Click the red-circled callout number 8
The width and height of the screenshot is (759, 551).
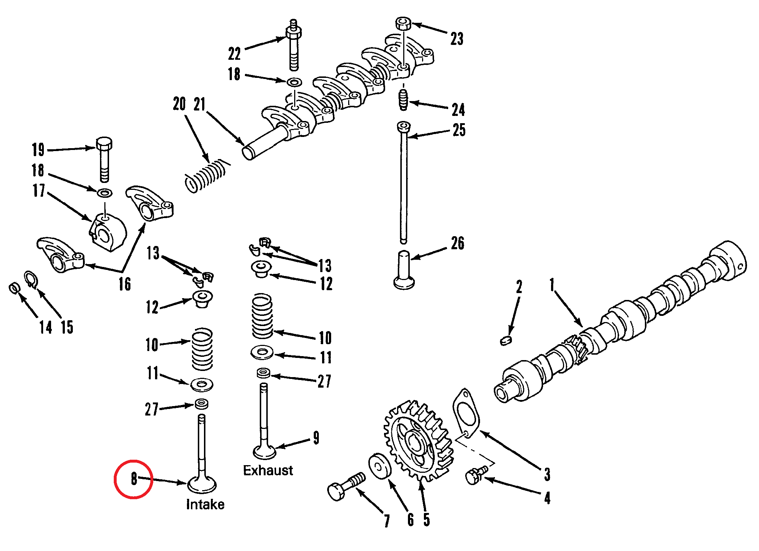134,479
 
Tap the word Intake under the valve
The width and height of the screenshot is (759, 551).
205,504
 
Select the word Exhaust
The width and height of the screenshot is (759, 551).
268,470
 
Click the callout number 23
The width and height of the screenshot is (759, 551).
457,39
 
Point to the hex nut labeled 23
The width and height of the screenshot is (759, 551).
403,24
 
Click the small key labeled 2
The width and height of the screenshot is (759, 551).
506,340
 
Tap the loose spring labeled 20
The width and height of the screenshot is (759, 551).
207,175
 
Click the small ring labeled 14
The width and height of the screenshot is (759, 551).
14,288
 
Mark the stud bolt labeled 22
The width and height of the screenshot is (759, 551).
294,45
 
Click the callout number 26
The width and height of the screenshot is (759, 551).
458,243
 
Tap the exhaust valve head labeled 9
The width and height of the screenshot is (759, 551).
264,451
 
